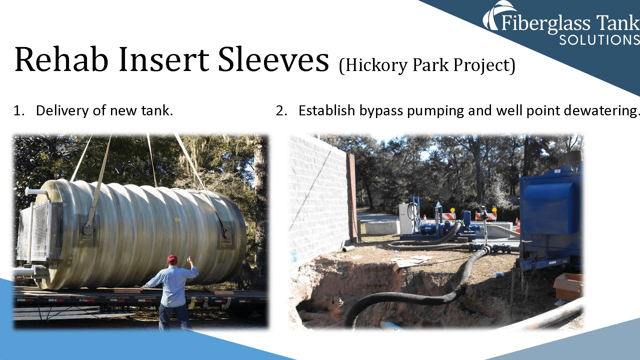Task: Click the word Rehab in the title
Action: click(62, 60)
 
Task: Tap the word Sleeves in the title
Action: click(273, 60)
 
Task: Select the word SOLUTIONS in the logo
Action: click(599, 40)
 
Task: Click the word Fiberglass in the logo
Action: click(546, 23)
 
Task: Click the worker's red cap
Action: click(172, 258)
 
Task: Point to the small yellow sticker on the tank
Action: click(177, 220)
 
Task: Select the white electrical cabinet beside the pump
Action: click(406, 218)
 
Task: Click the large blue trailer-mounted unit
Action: click(550, 213)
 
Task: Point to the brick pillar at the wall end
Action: click(352, 197)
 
